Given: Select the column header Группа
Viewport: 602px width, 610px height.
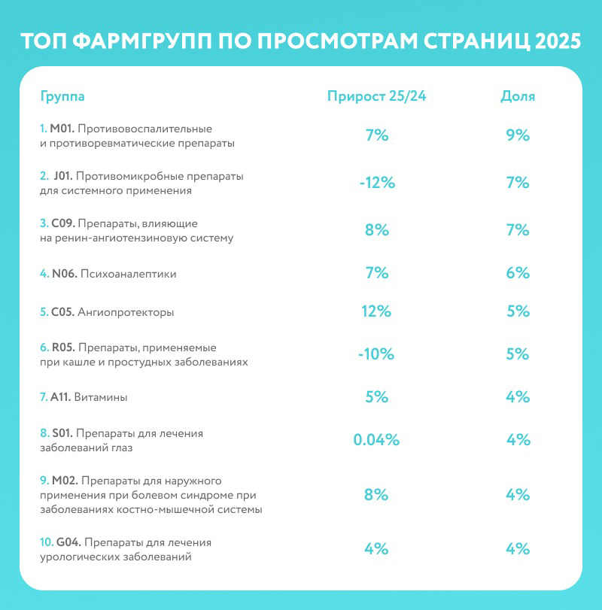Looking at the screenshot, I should point(62,96).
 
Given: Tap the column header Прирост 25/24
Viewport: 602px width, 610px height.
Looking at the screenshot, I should point(381,96).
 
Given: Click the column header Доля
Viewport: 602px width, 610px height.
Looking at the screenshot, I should point(518,96).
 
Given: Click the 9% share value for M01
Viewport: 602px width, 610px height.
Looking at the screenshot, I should point(518,135).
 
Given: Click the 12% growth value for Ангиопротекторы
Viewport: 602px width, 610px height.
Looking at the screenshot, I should point(376,311).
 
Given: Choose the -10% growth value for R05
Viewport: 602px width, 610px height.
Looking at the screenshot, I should point(376,354).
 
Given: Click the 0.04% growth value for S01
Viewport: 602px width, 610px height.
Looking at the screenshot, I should point(376,440).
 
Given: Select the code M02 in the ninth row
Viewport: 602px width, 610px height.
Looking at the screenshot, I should point(63,481).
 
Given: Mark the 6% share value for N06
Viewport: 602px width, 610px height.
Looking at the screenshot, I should point(518,273).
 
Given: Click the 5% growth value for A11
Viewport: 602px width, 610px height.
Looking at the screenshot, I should point(376,396).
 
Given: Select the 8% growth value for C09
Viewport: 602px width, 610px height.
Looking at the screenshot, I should point(376,230).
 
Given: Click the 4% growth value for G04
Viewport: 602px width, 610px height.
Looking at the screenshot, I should point(376,548).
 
